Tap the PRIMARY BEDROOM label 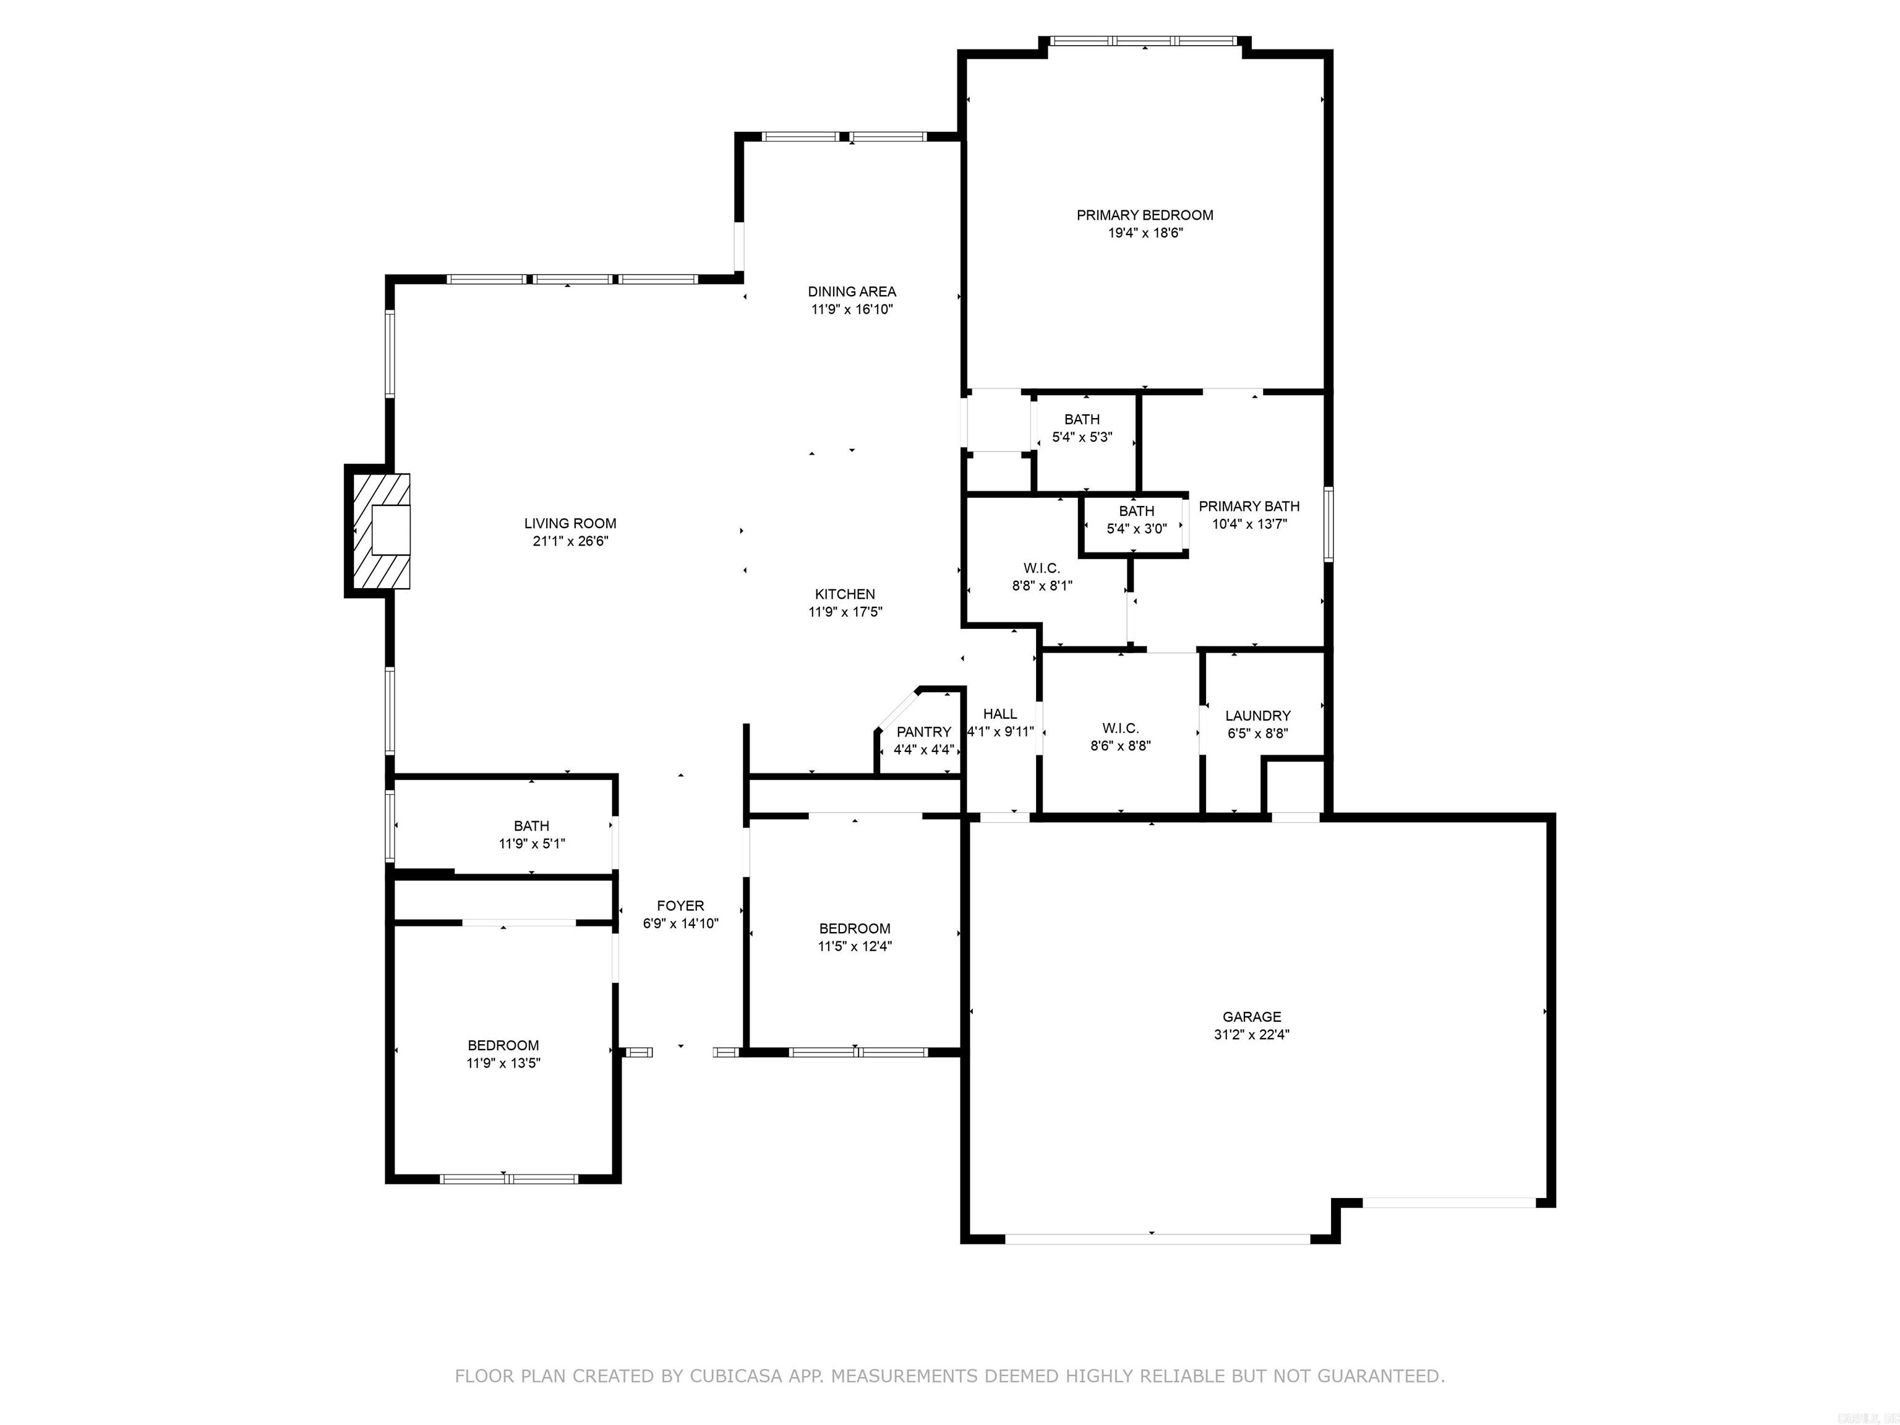1144,215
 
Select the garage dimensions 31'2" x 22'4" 1251,1035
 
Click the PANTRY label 923,732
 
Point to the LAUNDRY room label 1257,716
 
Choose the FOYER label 680,905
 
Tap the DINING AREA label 851,291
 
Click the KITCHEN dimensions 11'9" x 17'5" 845,612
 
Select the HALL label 1000,714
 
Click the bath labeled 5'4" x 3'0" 1136,520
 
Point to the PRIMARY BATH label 1249,506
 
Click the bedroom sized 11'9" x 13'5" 503,1054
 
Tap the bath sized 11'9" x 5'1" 532,834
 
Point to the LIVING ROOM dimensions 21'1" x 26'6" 570,541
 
